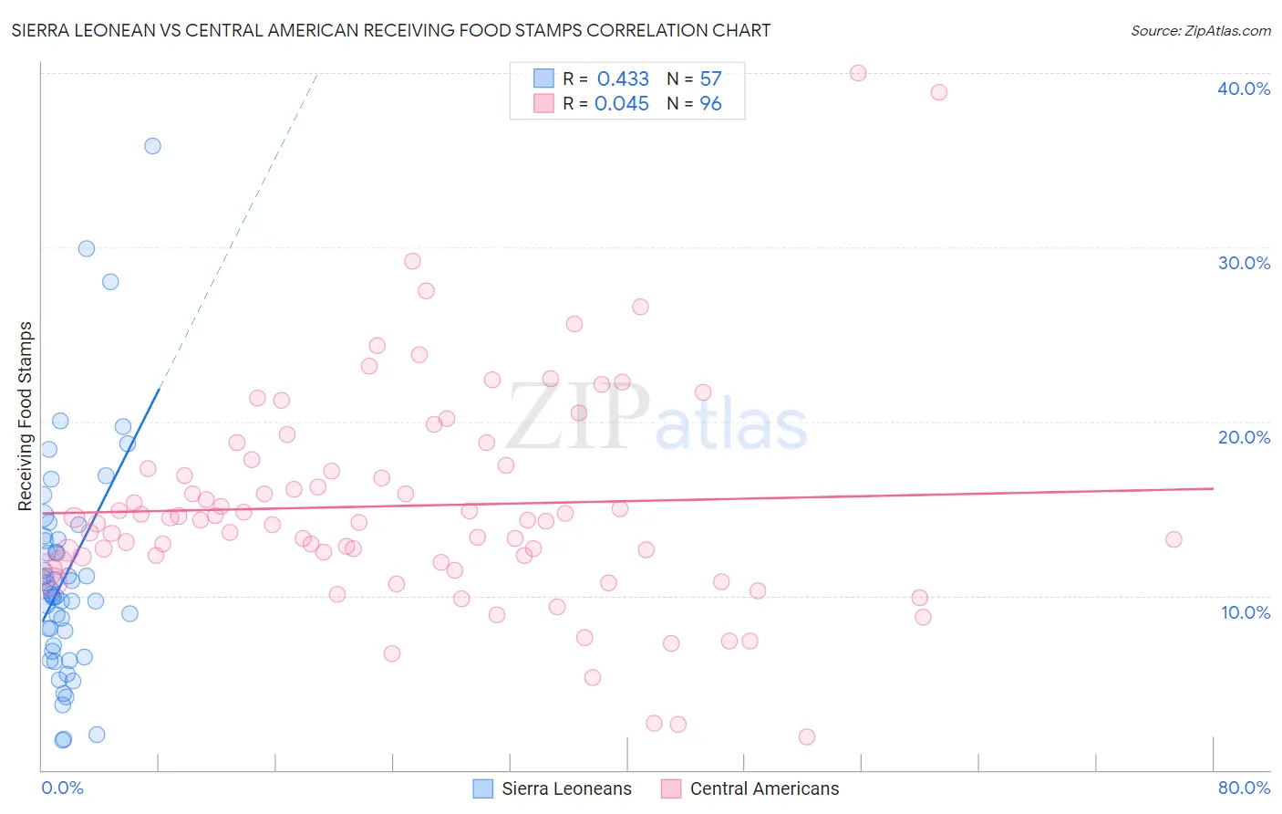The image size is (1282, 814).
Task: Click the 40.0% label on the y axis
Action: coord(1243,89)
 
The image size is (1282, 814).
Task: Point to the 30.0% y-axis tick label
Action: coord(1243,263)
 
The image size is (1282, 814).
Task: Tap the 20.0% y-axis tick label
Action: coord(1243,437)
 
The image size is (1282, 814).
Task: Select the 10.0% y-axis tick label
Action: coord(1245,612)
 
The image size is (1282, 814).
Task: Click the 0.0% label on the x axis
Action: coord(62,788)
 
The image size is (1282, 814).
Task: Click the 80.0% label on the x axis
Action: coord(1244,788)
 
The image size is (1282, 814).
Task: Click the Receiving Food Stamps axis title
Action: coord(26,416)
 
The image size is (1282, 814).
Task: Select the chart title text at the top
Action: coord(391,30)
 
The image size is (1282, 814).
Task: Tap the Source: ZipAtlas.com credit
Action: coord(1200,30)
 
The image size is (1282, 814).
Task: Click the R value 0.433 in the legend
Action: coord(623,78)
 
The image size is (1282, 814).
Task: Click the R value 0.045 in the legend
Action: coord(622,103)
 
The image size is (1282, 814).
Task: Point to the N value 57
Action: coord(710,78)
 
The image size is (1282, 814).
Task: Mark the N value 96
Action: coord(710,103)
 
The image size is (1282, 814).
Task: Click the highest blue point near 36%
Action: coord(152,146)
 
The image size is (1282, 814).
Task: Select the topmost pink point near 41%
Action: coord(858,73)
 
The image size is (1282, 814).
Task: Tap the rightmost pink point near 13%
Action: coord(1173,539)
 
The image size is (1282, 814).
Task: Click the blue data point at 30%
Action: coord(87,248)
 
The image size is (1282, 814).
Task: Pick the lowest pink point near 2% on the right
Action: coord(806,736)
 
